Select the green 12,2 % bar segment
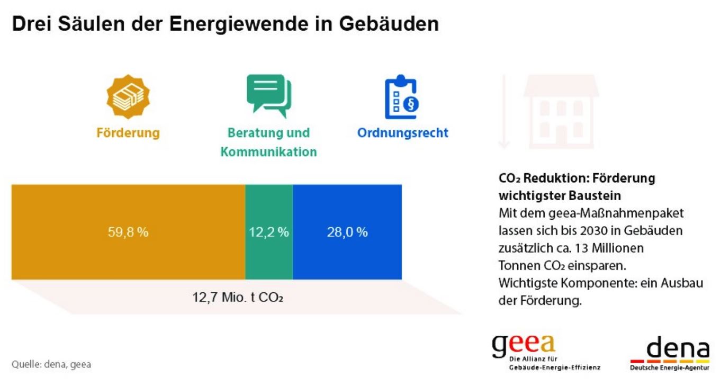click(269, 254)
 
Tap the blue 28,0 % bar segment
click(347, 254)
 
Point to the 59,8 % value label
click(128, 232)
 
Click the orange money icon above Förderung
click(128, 97)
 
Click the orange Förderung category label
click(128, 132)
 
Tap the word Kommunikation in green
click(269, 152)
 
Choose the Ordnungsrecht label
click(402, 132)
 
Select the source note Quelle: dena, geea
click(51, 365)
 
